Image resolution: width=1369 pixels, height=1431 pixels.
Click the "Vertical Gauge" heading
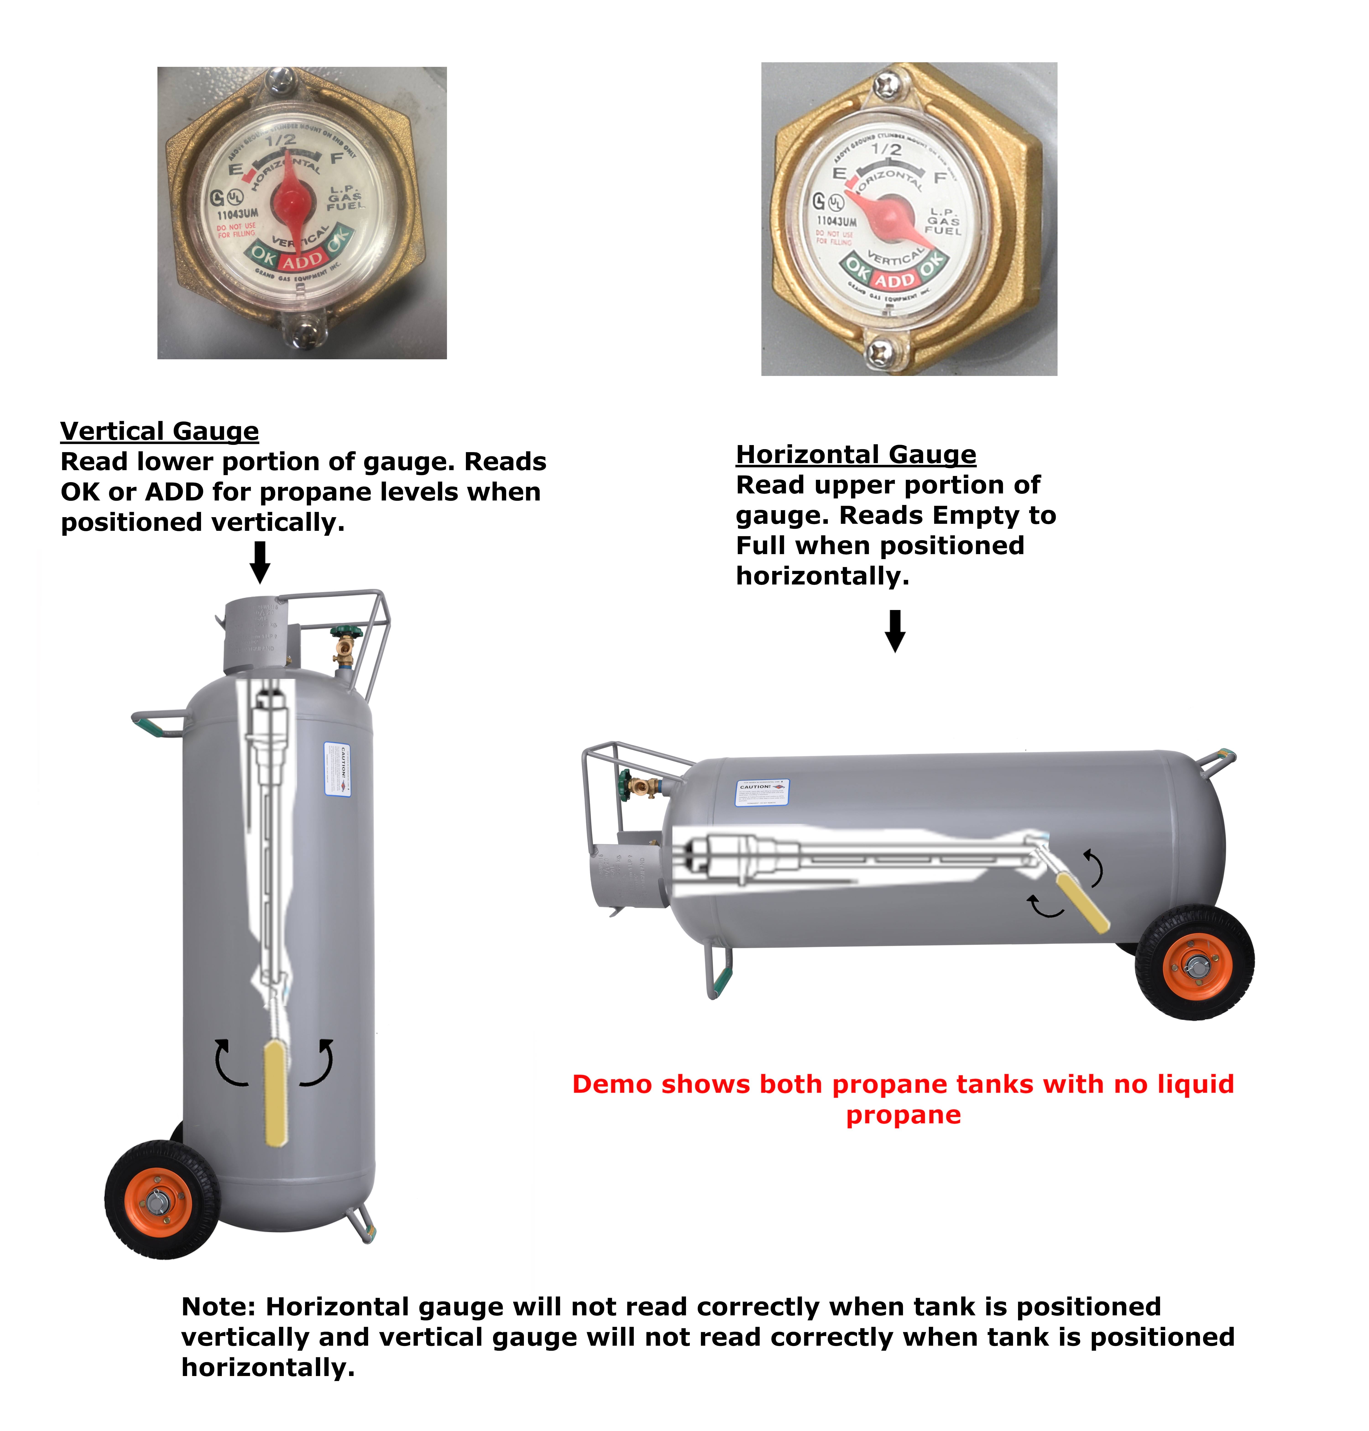(159, 431)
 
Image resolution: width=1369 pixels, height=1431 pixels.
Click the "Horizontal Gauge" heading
(855, 455)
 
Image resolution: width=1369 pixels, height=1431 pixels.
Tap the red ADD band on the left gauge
(302, 261)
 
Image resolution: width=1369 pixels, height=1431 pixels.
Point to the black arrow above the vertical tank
(260, 562)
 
